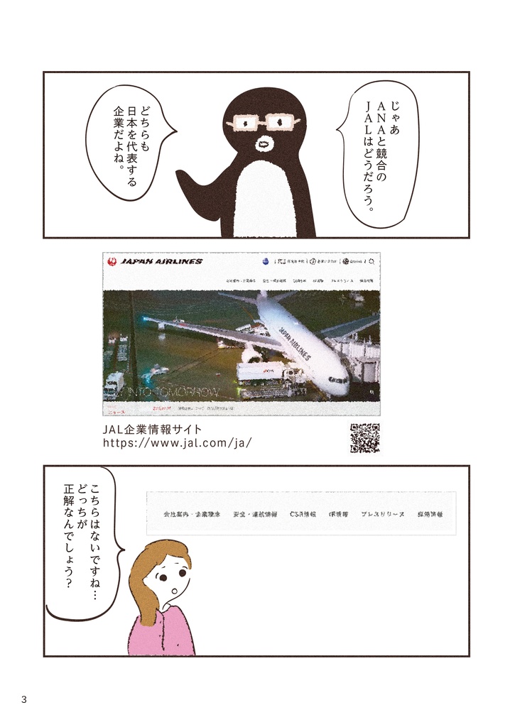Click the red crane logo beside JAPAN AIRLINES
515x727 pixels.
(x=112, y=261)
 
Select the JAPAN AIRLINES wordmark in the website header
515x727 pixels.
(x=161, y=261)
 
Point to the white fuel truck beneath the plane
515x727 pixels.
(x=263, y=373)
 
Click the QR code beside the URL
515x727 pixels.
(x=364, y=437)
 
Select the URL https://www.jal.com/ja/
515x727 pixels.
(x=178, y=442)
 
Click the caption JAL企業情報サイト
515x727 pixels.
(x=153, y=428)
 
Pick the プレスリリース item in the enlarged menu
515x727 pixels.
(x=382, y=513)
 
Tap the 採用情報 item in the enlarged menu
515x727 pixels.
(x=430, y=513)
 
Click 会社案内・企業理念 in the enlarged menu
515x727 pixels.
(x=192, y=513)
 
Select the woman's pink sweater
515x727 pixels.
(x=161, y=632)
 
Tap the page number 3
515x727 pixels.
(x=24, y=699)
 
